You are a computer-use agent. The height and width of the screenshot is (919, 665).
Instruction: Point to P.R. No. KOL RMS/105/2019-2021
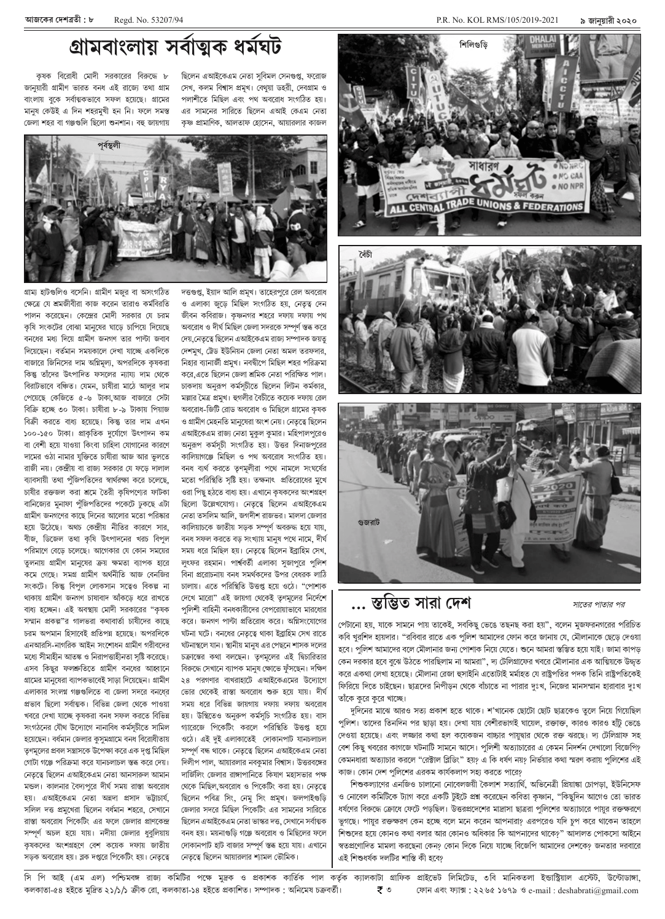click(x=497, y=20)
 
